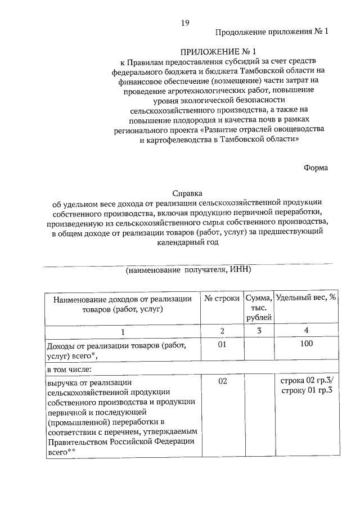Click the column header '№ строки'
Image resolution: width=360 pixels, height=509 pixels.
click(x=222, y=298)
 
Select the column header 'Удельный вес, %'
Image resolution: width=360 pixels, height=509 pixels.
click(x=307, y=298)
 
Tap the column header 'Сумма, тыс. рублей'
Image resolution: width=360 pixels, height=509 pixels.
click(x=259, y=308)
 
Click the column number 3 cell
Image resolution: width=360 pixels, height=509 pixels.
click(x=259, y=331)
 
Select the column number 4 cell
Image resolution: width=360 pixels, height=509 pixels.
click(x=307, y=331)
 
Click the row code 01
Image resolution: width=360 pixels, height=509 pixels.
click(x=222, y=344)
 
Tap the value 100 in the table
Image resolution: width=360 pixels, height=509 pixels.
click(x=307, y=344)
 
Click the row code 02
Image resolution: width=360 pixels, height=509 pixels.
click(x=222, y=382)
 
